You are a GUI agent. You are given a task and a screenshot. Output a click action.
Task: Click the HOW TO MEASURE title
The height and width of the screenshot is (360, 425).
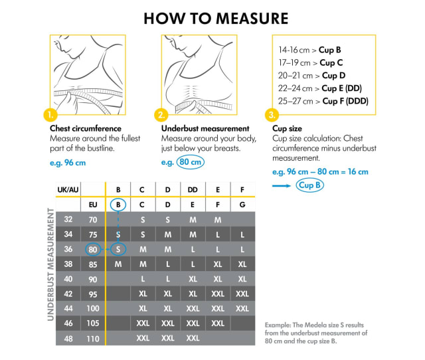pos(216,18)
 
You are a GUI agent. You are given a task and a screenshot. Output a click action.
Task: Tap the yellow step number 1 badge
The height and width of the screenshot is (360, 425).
pos(50,114)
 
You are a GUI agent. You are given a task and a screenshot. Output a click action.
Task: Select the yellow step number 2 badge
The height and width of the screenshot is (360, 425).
pos(162,114)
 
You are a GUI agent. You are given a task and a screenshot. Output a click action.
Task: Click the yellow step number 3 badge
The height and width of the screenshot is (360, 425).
pos(273,114)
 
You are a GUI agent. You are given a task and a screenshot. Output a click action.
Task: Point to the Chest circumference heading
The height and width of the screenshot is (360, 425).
pos(86,128)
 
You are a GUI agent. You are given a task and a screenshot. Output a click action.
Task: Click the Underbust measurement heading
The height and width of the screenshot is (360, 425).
pos(205,128)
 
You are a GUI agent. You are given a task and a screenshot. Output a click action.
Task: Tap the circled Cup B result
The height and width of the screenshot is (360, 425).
pos(309,185)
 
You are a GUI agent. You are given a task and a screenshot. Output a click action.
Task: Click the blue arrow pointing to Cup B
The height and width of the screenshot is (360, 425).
pos(282,186)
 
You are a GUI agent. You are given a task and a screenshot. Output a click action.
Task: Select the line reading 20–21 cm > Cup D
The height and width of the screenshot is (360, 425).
pos(309,76)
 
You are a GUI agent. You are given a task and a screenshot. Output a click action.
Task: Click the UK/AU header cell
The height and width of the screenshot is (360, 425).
pos(67,190)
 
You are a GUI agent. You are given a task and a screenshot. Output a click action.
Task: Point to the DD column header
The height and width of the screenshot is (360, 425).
pos(193,190)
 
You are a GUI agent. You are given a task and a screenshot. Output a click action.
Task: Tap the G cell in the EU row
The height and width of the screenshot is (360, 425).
pos(242,205)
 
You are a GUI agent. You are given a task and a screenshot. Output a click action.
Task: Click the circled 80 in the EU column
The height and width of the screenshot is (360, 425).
pos(93,249)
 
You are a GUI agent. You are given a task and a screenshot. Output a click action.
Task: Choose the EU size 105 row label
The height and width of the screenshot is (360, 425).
pos(93,323)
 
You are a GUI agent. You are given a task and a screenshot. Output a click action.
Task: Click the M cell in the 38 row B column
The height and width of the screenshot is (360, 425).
pos(118,264)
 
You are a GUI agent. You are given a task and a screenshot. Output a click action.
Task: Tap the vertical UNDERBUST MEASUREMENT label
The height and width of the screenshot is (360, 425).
pos(50,264)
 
